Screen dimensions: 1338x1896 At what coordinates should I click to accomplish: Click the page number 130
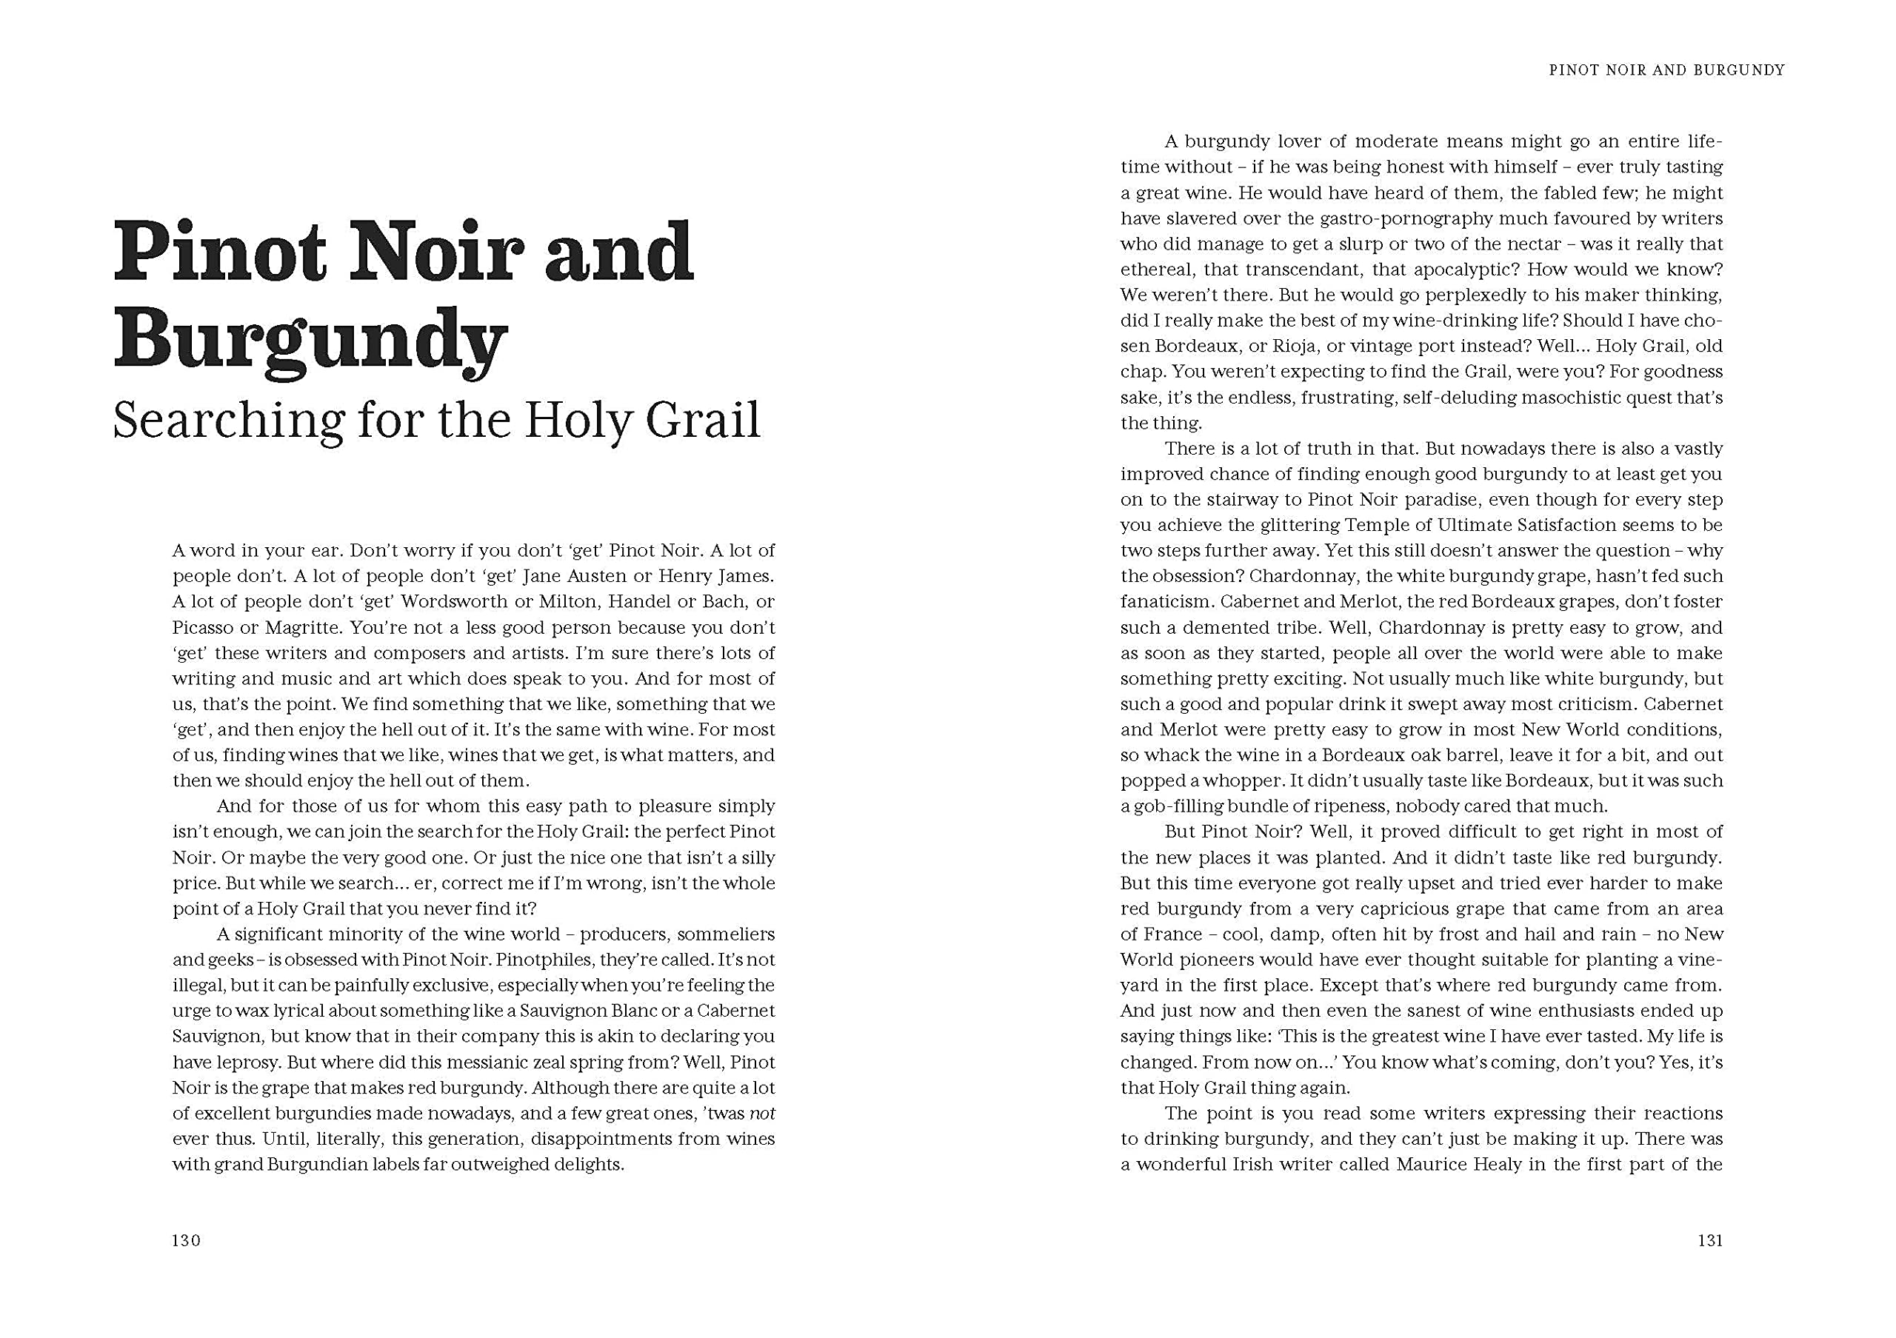pos(187,1240)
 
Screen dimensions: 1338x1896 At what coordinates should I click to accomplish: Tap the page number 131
pos(1709,1240)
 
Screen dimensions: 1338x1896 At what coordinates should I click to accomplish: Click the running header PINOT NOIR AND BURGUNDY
pos(1666,71)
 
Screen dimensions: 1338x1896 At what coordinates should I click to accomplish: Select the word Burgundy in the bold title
pos(310,340)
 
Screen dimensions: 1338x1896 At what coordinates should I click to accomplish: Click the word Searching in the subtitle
pos(228,421)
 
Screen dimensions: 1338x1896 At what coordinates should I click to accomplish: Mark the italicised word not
pos(762,1114)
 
